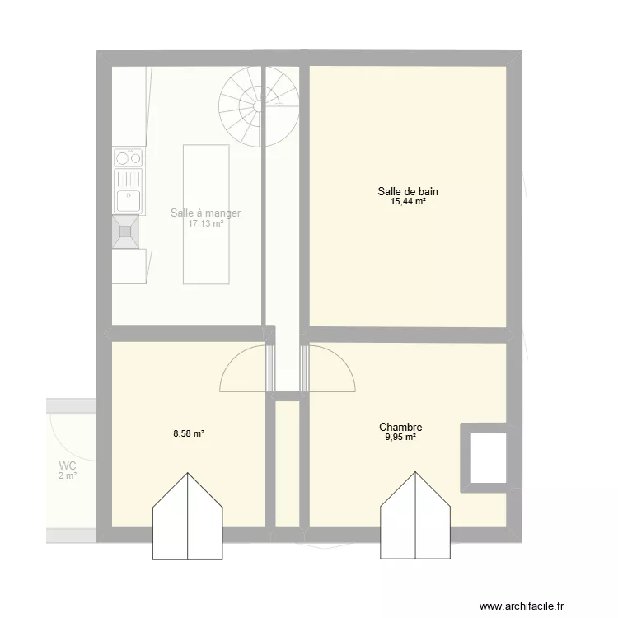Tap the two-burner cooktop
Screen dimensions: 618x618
click(x=128, y=157)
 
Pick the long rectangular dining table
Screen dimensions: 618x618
click(x=205, y=214)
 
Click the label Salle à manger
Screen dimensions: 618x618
click(x=205, y=213)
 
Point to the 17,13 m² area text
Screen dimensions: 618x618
click(x=205, y=223)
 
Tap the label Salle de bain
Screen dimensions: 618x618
click(x=408, y=191)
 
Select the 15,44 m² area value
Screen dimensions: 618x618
click(x=408, y=201)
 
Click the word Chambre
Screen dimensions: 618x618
click(x=400, y=427)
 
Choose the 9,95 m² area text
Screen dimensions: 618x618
click(x=400, y=438)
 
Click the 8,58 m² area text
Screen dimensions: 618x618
click(x=188, y=433)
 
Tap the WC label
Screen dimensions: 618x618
click(x=67, y=466)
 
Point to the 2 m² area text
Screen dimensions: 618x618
click(x=67, y=475)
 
